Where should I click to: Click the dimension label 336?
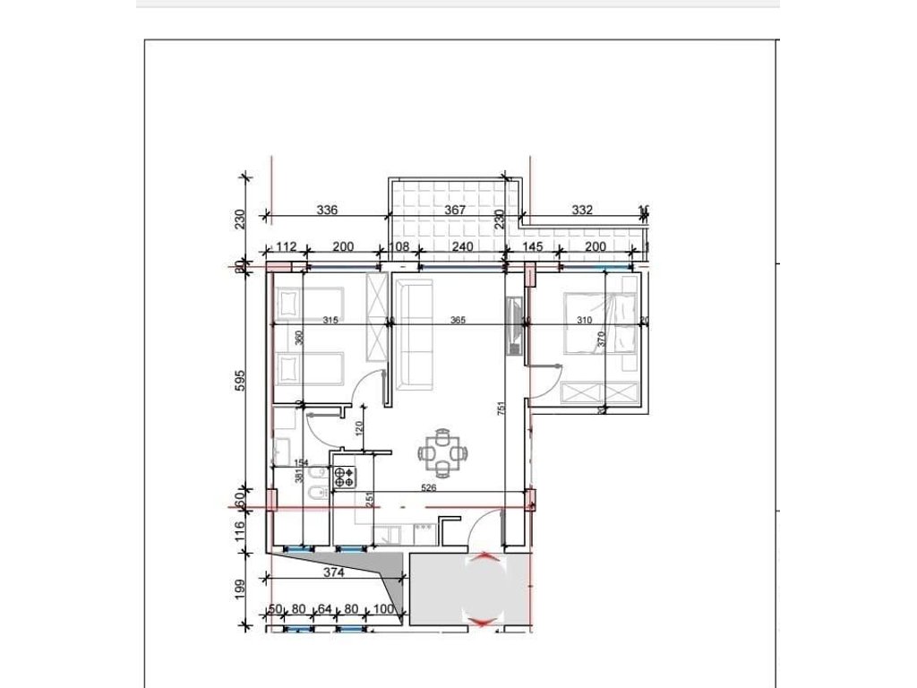click(x=328, y=211)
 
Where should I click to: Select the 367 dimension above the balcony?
click(x=456, y=211)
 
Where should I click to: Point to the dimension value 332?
click(x=582, y=211)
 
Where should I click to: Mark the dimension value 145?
click(x=532, y=247)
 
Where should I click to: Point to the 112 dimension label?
click(x=287, y=247)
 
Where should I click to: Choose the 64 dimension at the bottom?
click(x=325, y=610)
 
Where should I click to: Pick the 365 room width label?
click(x=458, y=321)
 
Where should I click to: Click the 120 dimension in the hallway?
click(x=359, y=429)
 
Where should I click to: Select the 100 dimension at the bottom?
click(x=383, y=610)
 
